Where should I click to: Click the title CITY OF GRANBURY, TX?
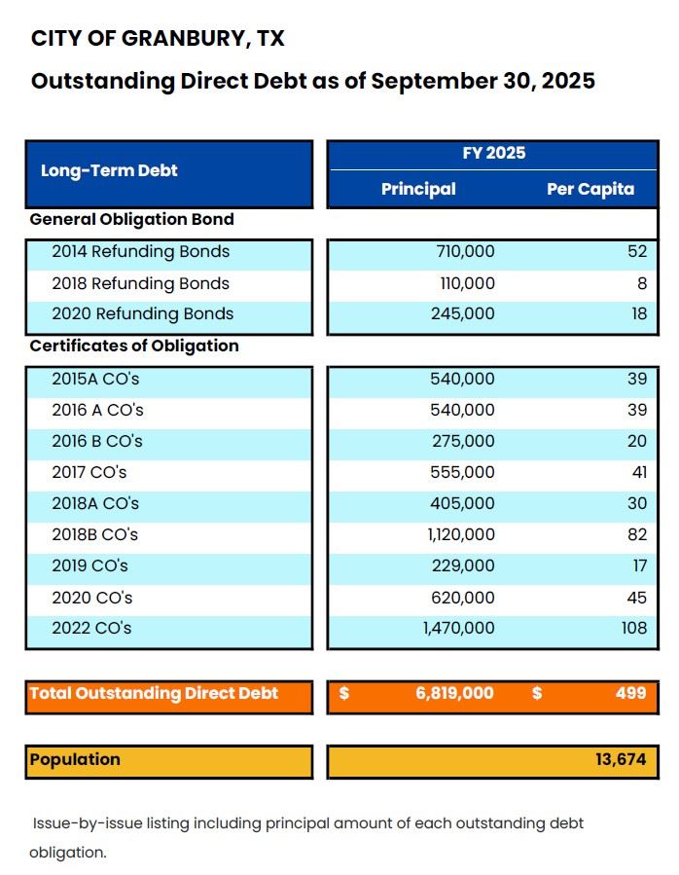(158, 39)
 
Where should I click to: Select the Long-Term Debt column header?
(109, 170)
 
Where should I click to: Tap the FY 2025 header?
(493, 153)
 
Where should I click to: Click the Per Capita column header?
(590, 189)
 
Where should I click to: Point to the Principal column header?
(418, 189)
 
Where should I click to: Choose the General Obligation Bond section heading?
(132, 220)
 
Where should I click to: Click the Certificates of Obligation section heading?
(134, 346)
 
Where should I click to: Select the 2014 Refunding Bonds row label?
(140, 252)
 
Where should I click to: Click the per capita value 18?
(636, 314)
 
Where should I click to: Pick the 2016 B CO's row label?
(97, 441)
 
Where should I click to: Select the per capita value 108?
(633, 628)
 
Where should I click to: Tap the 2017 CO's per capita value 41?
(636, 472)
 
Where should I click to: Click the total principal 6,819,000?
(454, 694)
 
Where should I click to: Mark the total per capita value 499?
(630, 694)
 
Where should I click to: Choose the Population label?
(75, 760)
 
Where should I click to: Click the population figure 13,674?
(621, 760)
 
